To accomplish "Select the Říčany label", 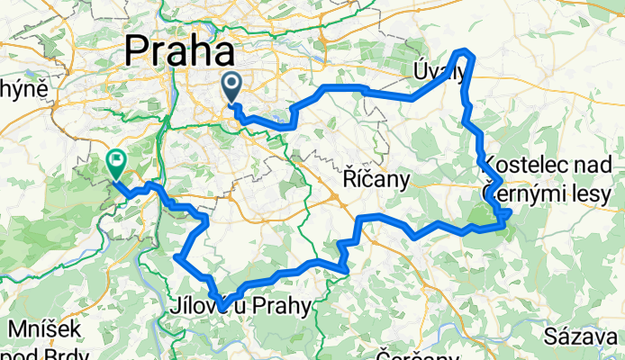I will pos(377,180).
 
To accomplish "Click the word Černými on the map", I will pos(522,192).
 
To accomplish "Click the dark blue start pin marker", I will pos(231,88).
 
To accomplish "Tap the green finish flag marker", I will pos(115,163).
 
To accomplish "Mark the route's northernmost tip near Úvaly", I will pos(465,50).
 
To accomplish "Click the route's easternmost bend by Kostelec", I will pos(510,212).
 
